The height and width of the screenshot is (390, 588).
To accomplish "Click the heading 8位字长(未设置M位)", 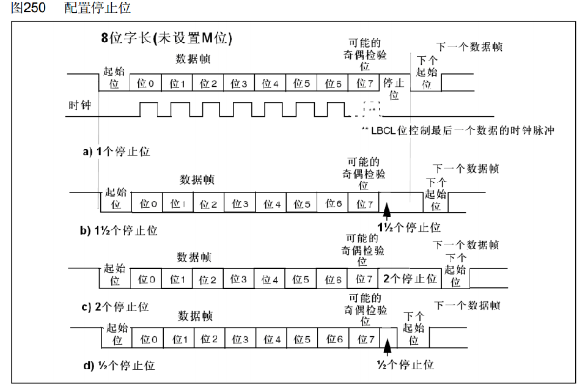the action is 167,37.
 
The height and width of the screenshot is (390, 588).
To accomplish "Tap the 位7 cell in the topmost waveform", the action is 364,83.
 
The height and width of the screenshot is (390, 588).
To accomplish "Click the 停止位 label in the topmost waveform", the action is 393,89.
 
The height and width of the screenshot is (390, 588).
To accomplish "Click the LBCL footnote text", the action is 458,130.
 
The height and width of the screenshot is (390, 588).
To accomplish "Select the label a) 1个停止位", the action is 116,151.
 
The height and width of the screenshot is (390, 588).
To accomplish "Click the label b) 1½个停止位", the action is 120,230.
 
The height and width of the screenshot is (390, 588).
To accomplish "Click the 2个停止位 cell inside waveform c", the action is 410,279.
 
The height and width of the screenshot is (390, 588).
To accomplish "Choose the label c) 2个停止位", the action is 116,306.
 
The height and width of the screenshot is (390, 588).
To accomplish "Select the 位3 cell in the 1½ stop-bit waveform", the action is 240,204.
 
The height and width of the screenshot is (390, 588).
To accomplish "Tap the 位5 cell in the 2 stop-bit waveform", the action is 301,279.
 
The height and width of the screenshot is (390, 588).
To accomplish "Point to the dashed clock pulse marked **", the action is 372,108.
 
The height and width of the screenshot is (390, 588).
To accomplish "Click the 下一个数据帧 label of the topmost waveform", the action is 469,46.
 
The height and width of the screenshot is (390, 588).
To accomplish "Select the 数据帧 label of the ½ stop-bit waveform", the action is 195,316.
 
